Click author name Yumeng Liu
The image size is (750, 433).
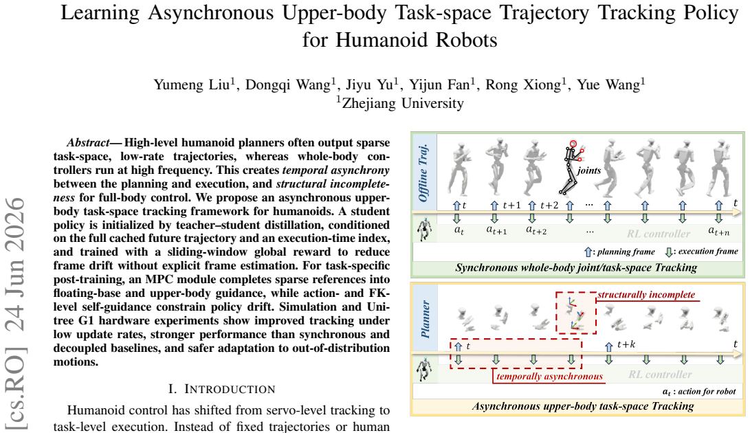(191, 85)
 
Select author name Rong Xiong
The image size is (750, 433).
(522, 85)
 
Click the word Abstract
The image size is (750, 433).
(89, 142)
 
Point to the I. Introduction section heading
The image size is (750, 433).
(221, 388)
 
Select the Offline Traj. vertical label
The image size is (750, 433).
(423, 173)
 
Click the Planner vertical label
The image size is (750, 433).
(425, 319)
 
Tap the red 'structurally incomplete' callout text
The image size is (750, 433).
(646, 294)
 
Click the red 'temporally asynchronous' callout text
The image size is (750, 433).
(549, 376)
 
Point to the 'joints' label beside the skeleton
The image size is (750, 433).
(589, 170)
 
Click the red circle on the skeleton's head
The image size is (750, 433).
(573, 143)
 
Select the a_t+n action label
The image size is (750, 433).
(719, 232)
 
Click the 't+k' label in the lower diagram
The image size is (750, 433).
(626, 344)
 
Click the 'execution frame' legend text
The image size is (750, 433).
(708, 251)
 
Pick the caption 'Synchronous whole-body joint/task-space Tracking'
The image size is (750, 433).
(576, 268)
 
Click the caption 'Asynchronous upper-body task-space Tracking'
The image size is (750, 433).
(582, 406)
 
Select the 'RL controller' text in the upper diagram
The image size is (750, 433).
(658, 234)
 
